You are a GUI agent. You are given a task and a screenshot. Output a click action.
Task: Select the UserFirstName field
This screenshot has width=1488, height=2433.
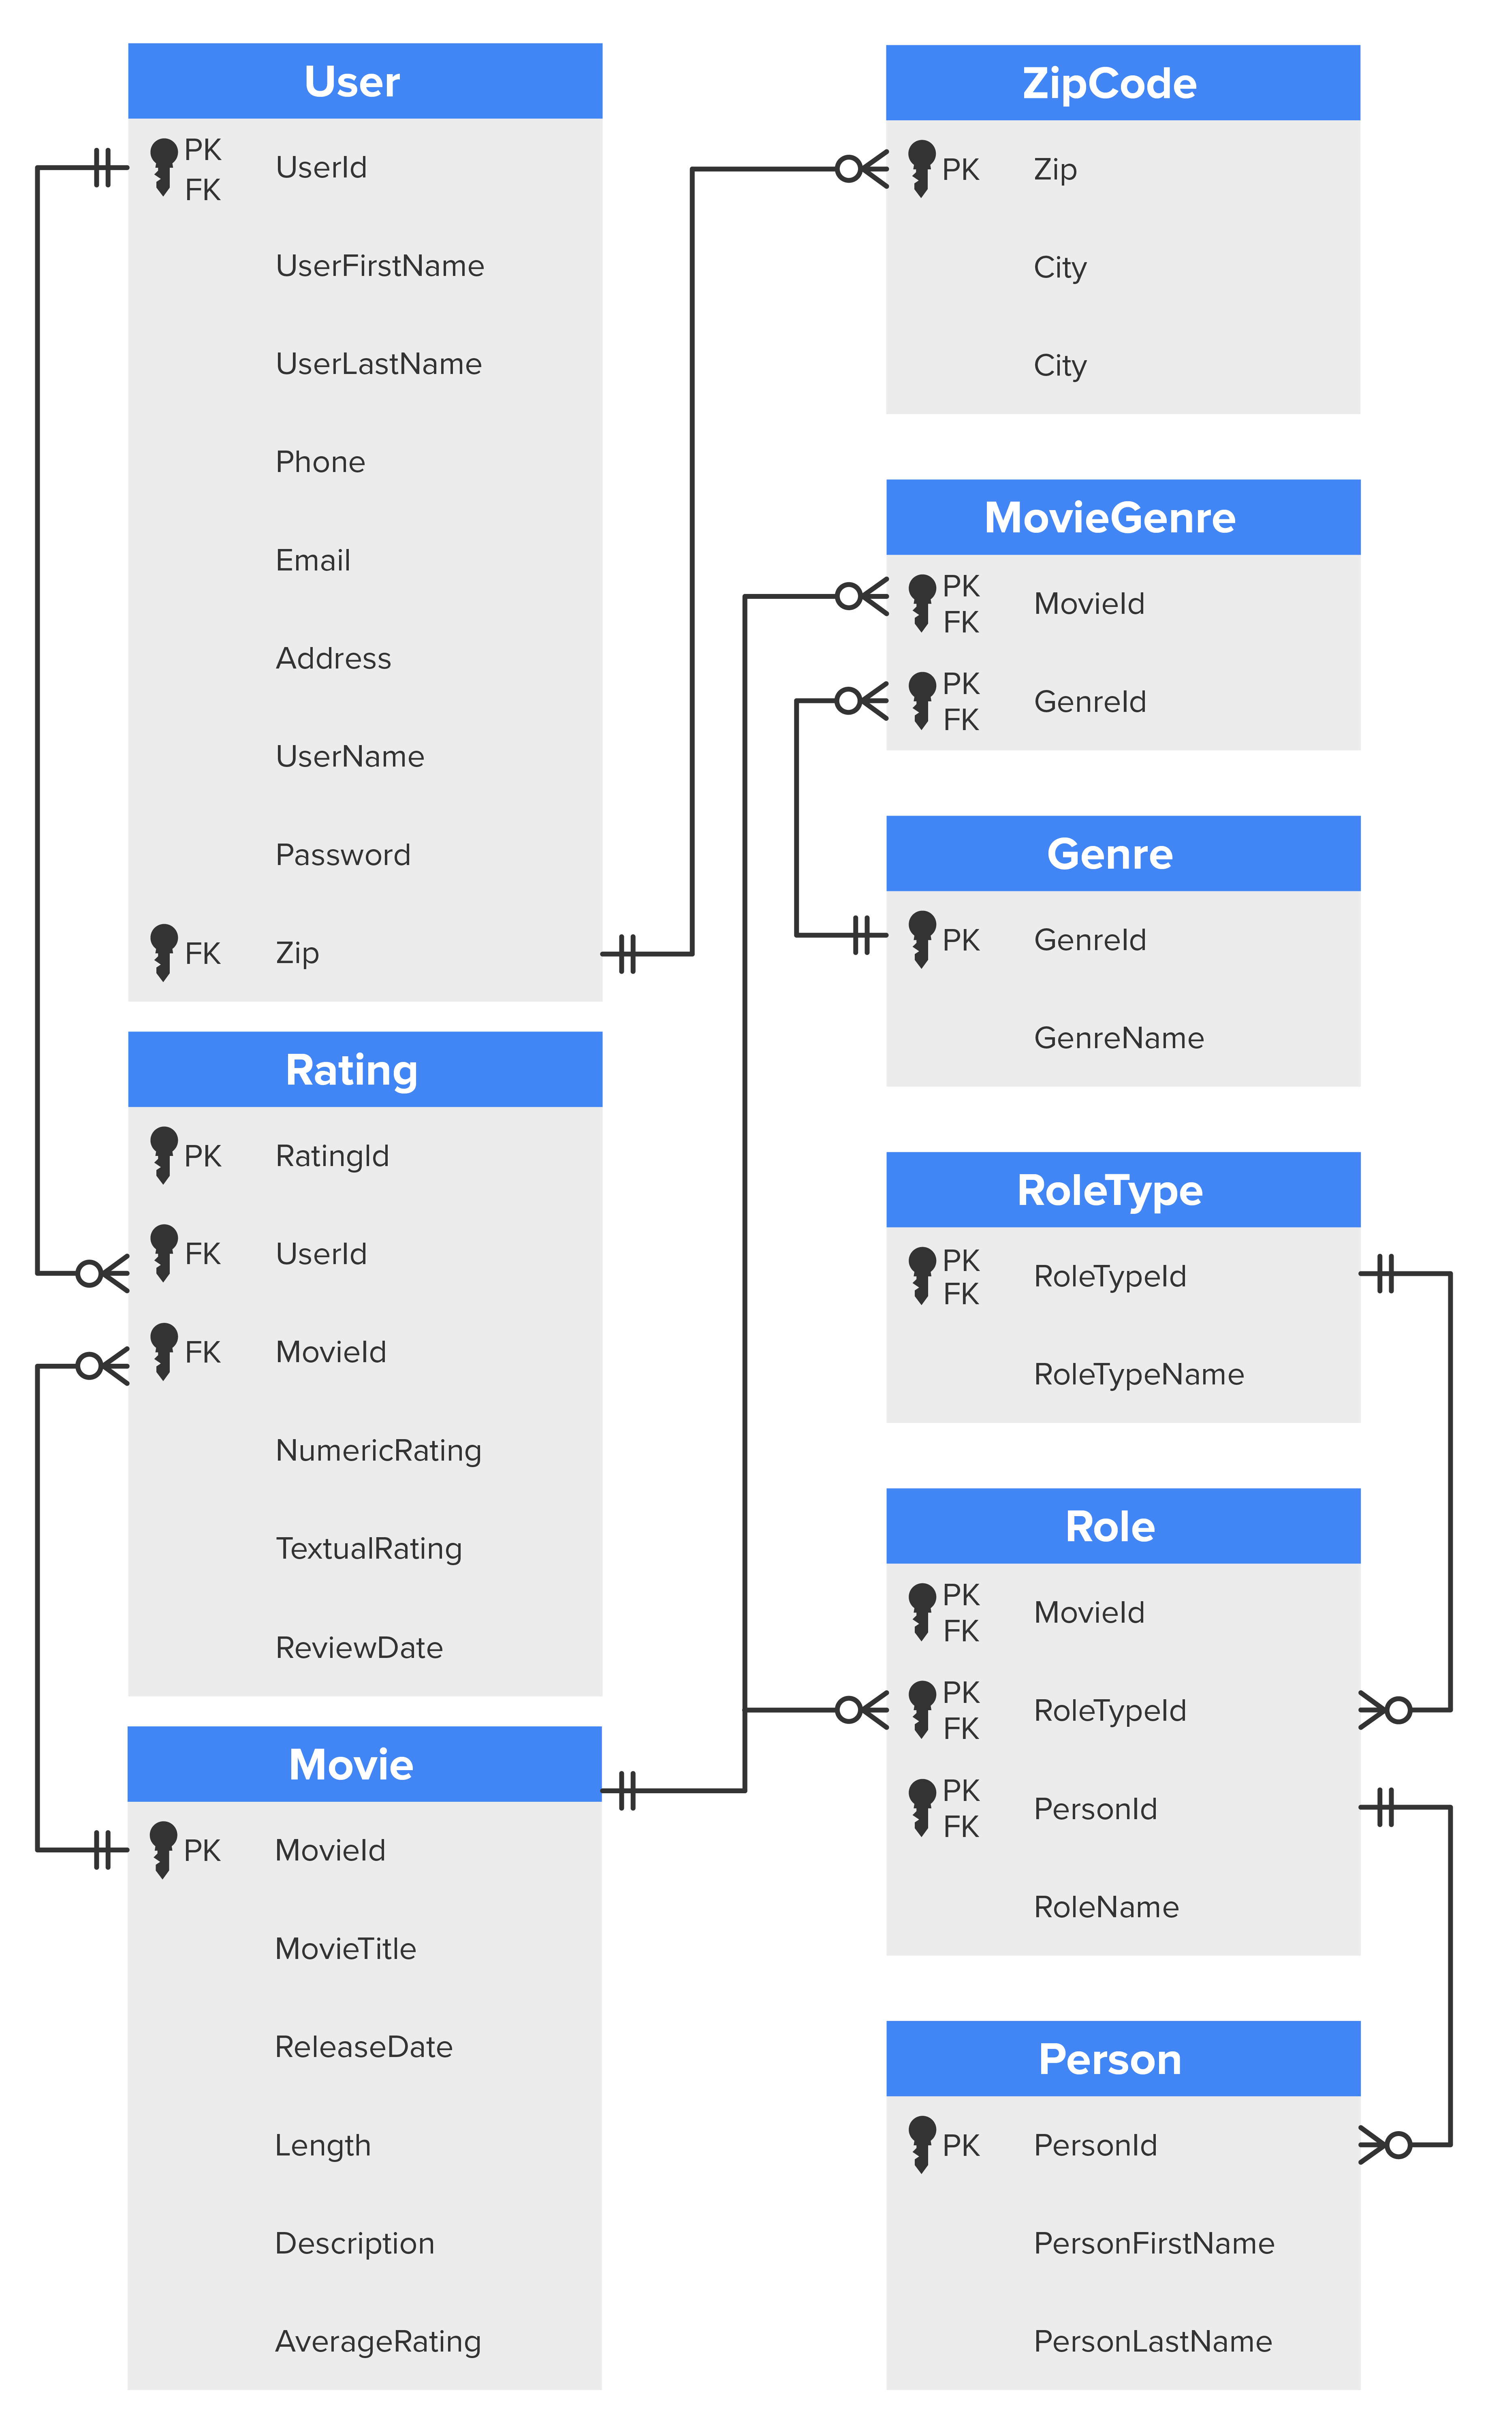[x=379, y=266]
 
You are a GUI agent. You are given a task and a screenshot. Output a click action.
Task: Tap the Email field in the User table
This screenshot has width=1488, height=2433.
[x=313, y=560]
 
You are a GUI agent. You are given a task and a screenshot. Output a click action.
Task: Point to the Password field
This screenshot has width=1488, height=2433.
[x=343, y=854]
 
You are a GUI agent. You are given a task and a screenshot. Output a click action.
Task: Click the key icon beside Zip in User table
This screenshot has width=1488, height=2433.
[x=164, y=952]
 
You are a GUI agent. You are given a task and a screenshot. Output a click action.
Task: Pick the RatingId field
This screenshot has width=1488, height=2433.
[x=332, y=1155]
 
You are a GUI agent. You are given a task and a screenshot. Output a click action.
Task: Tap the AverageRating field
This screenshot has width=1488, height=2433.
[x=377, y=2341]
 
